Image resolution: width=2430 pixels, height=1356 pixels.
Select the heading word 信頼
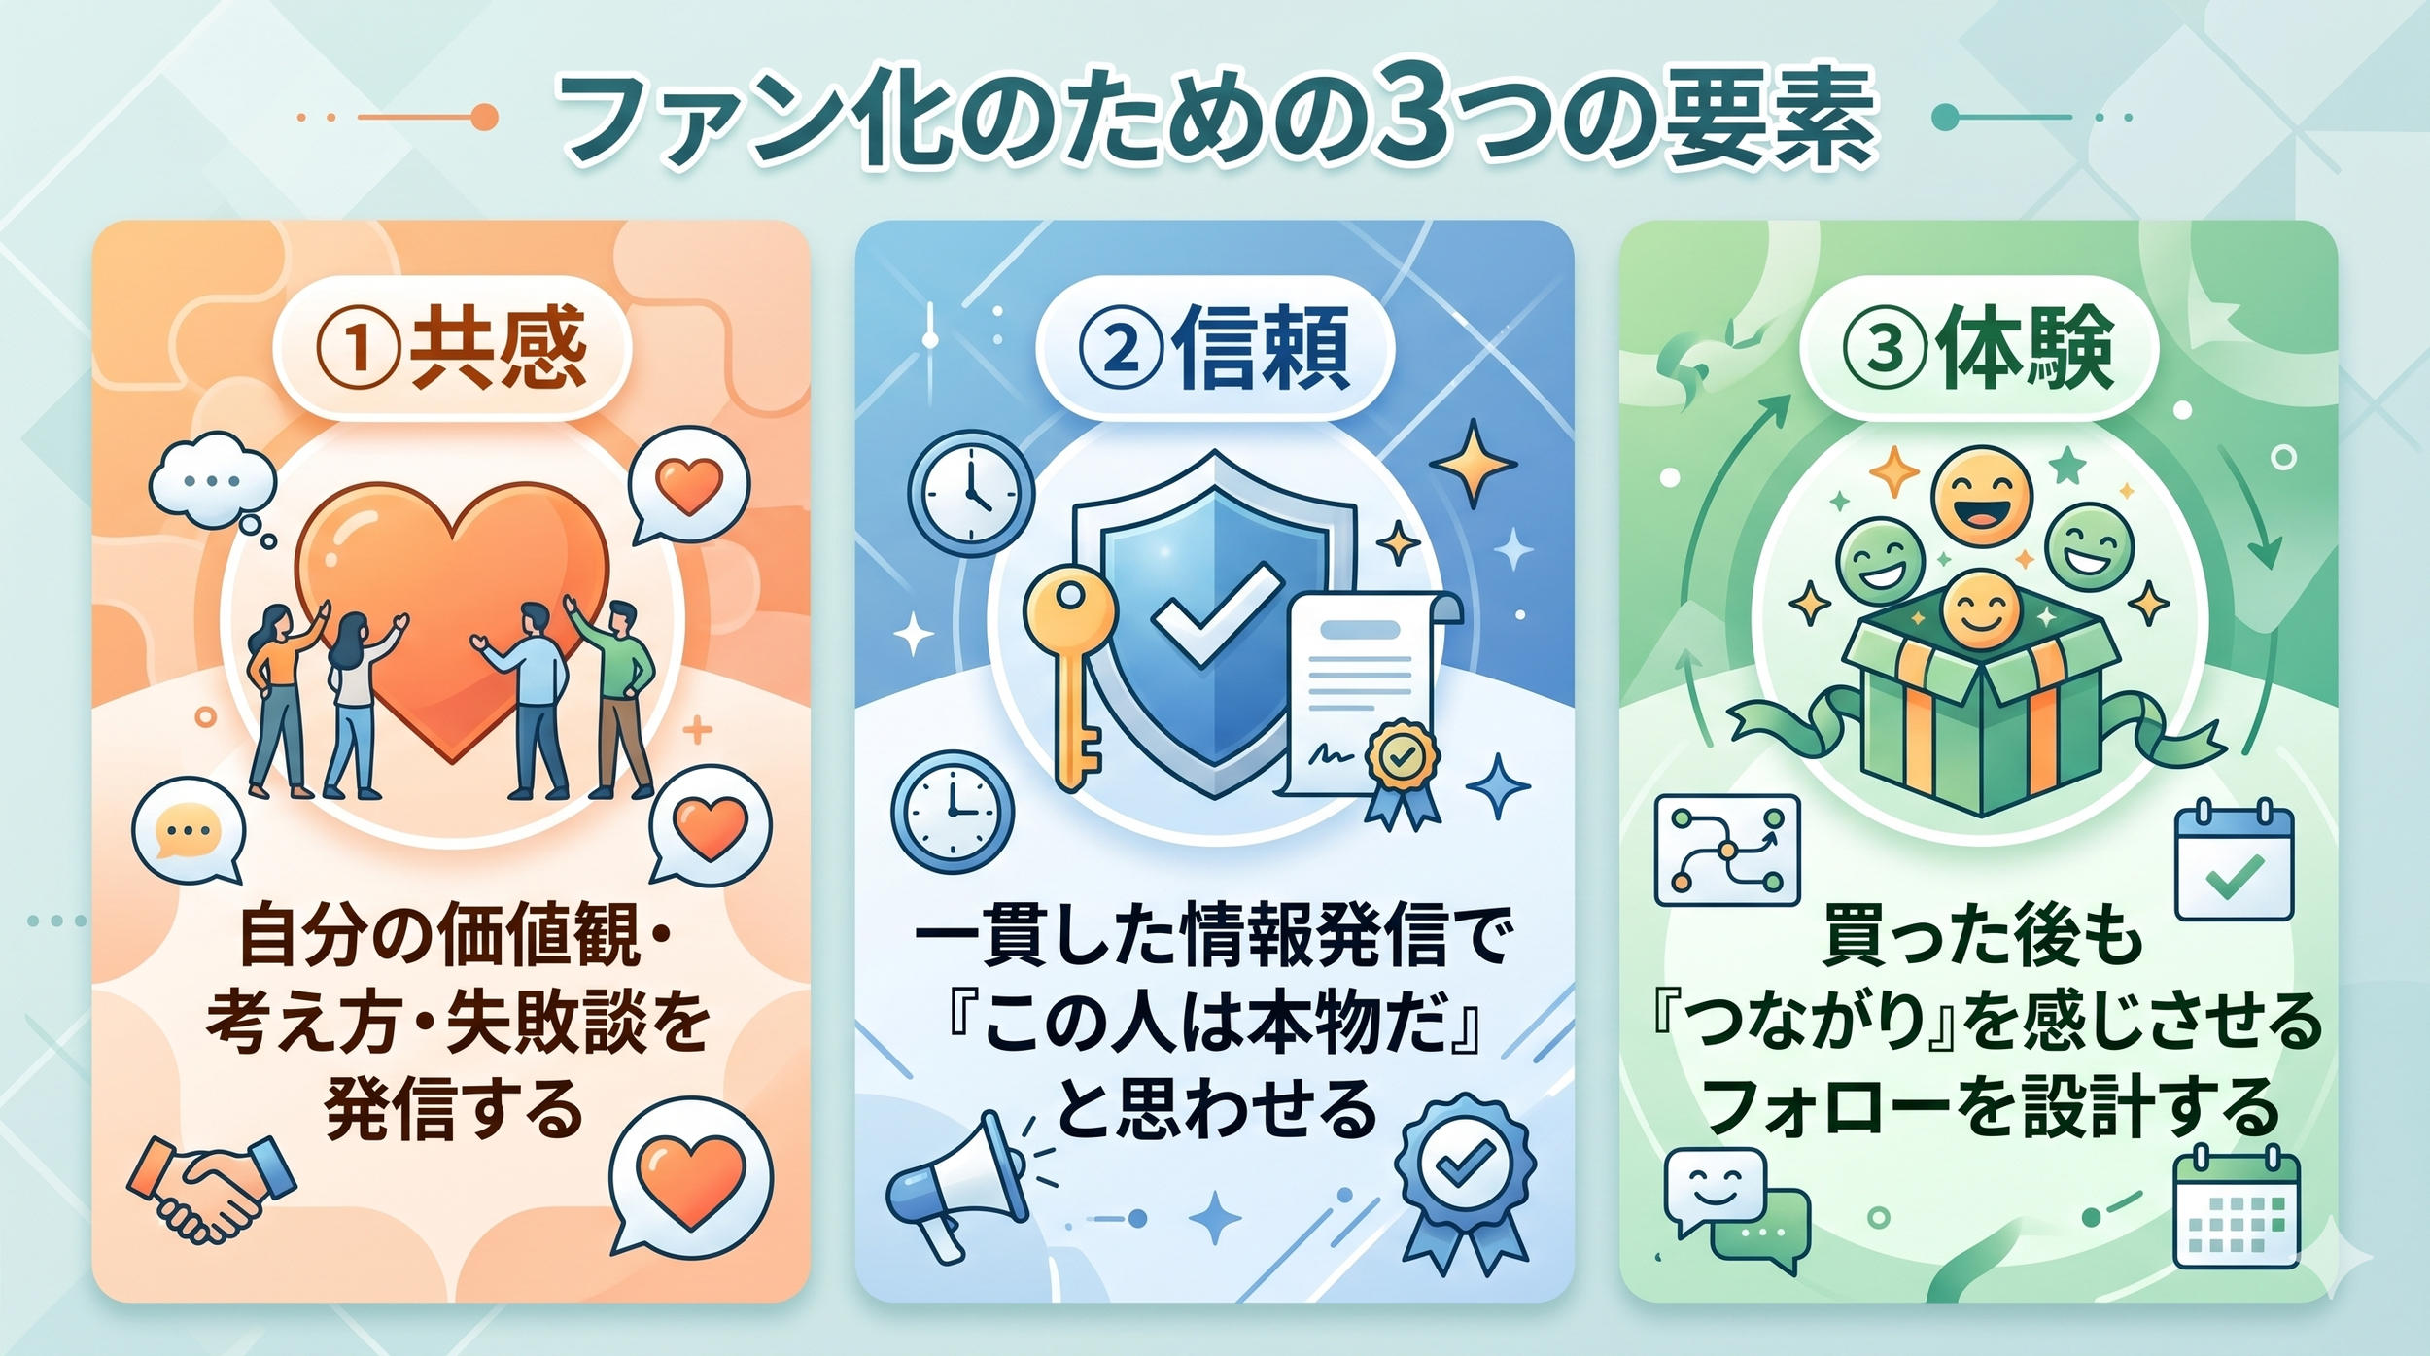[1261, 349]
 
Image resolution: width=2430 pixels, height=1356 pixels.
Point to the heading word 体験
[2026, 349]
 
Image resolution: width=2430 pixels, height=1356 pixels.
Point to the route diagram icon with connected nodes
[1726, 851]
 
